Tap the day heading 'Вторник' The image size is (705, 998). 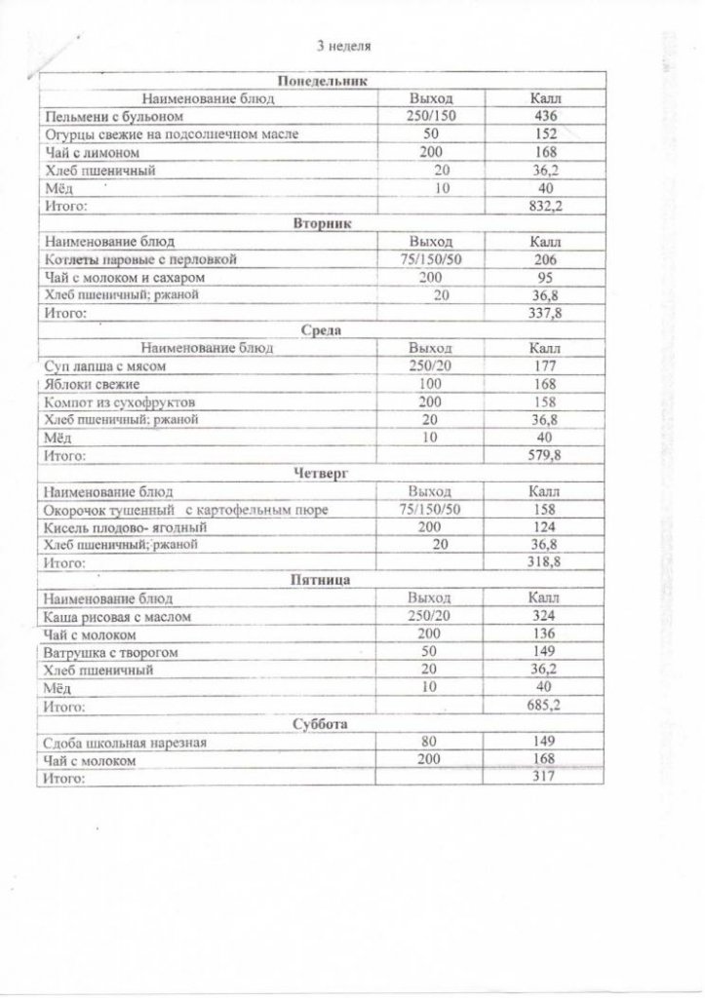point(323,223)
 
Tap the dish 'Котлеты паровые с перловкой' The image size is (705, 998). point(140,259)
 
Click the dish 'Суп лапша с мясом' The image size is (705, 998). point(107,366)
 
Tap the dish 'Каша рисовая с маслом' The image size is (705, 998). point(120,617)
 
